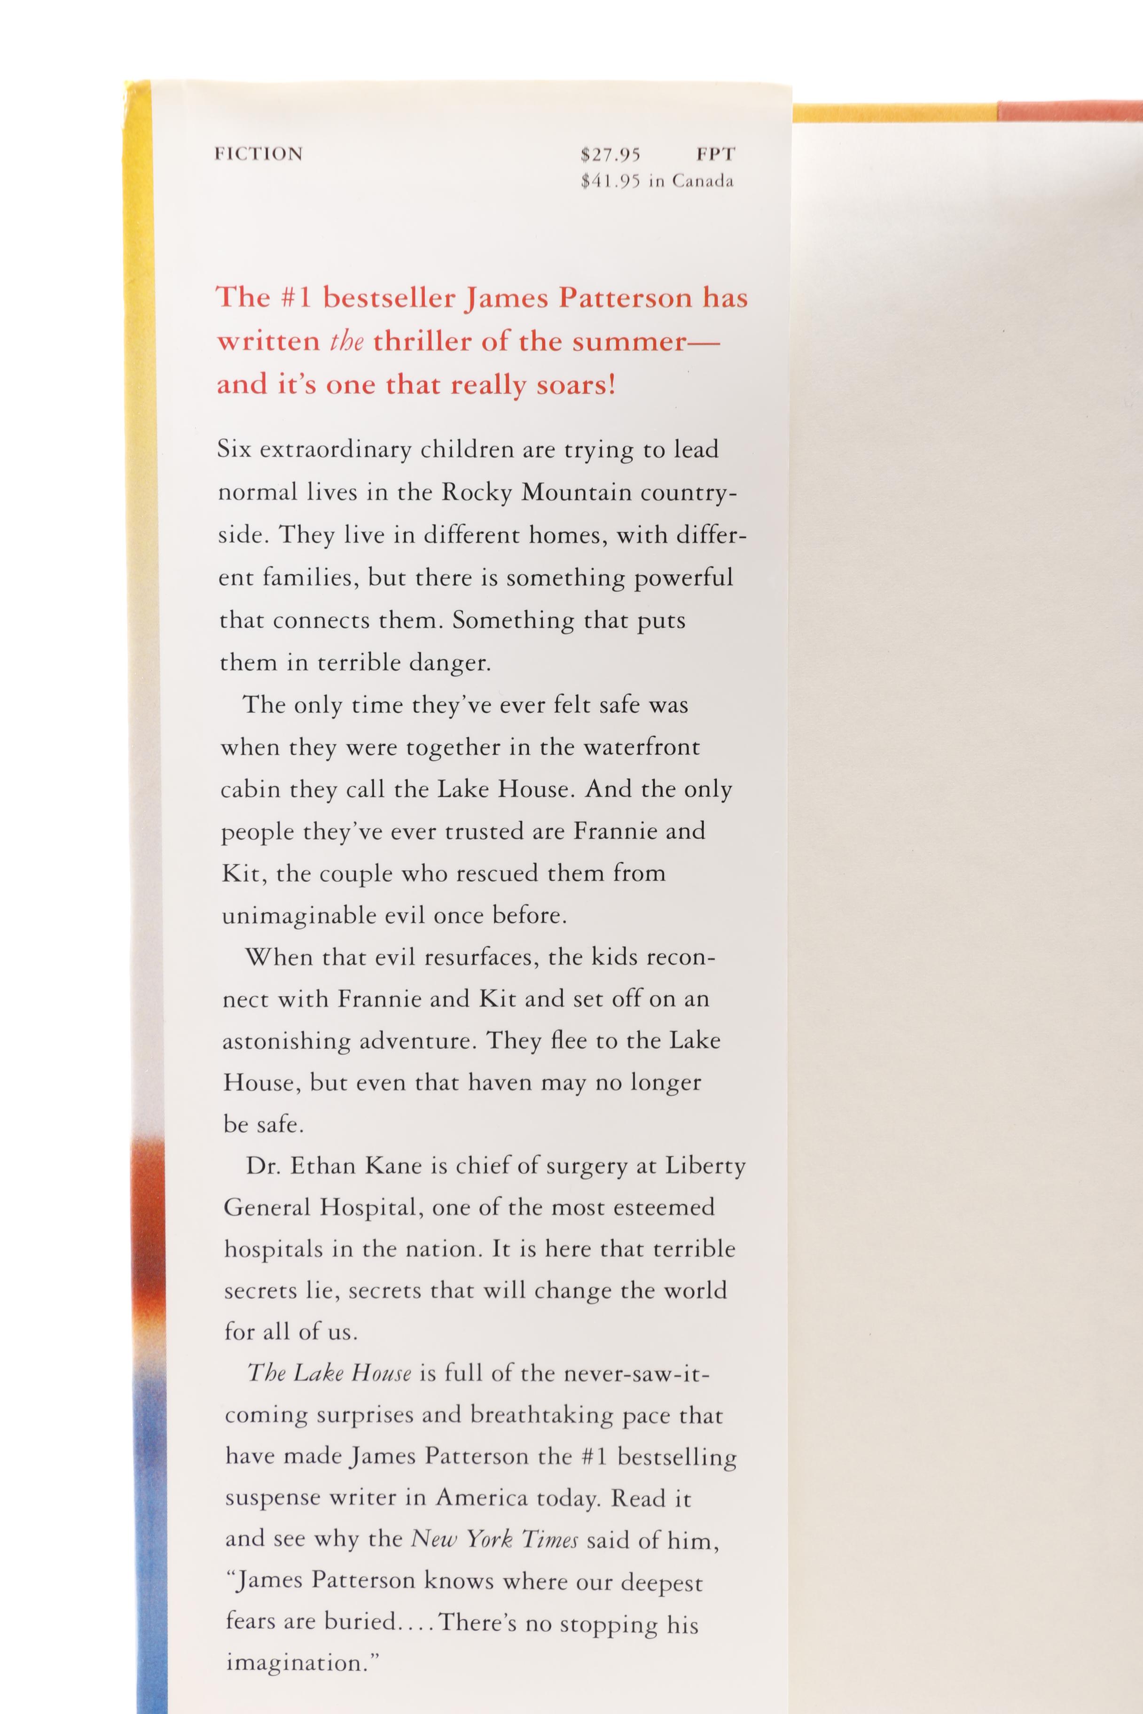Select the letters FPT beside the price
[715, 155]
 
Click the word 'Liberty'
[705, 1167]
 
